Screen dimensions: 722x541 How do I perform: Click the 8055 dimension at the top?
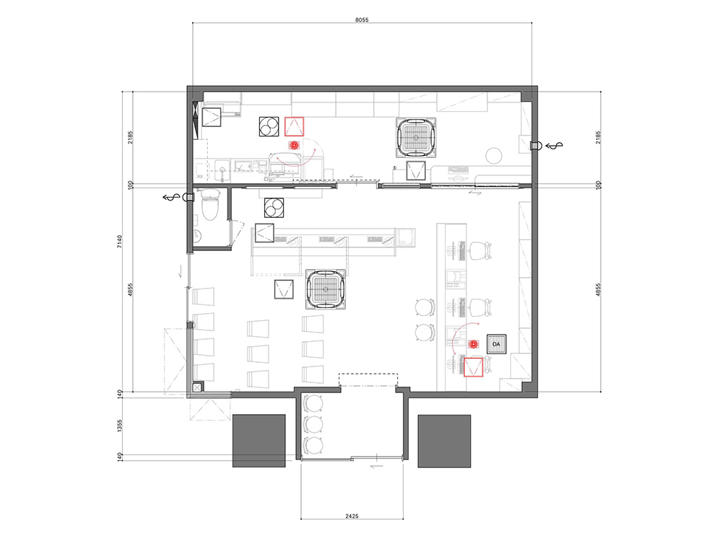point(362,19)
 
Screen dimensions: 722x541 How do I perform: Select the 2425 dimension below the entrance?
point(352,516)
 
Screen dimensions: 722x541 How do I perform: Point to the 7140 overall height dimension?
point(120,242)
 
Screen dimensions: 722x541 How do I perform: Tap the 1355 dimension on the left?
point(120,426)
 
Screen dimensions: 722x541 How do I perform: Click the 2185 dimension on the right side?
point(598,137)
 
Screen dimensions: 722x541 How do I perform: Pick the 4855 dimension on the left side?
point(131,289)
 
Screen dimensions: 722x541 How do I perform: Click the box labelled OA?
point(497,344)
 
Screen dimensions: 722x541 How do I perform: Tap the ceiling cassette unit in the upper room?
point(416,138)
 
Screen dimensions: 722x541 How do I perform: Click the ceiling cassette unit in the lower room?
point(326,289)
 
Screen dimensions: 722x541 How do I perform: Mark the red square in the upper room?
point(295,126)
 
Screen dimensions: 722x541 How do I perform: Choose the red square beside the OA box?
point(473,366)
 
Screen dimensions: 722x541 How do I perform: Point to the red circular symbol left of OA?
point(473,343)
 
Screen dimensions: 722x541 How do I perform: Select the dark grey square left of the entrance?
point(258,441)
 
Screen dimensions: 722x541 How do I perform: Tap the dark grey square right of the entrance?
point(444,441)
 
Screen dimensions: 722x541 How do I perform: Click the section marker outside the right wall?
point(554,146)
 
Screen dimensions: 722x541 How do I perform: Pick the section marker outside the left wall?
point(172,198)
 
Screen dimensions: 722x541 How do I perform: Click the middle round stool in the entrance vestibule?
point(314,424)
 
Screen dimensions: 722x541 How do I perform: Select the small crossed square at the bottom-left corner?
point(197,388)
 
